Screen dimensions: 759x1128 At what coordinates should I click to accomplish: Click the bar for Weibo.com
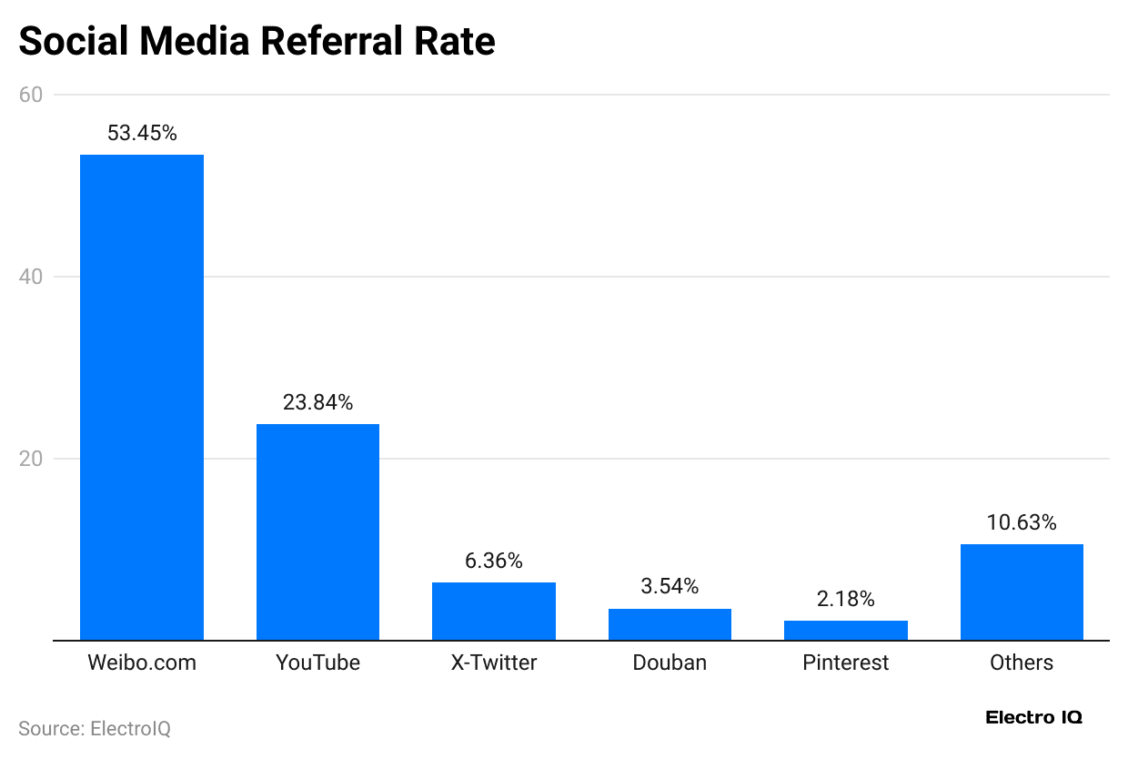[142, 398]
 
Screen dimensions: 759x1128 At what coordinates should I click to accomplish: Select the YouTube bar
[317, 532]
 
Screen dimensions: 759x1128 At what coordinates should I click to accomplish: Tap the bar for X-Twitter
[494, 612]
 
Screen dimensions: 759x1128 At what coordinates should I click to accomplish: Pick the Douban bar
[670, 624]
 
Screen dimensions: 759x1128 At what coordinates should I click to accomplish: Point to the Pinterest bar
[846, 631]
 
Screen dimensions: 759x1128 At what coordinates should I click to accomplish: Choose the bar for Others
[1022, 592]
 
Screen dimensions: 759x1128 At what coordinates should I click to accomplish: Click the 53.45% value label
[142, 134]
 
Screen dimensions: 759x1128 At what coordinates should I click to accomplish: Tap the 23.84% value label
[317, 402]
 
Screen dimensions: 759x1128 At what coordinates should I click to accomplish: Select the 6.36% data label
[494, 562]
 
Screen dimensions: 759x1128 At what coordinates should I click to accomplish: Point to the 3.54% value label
[670, 587]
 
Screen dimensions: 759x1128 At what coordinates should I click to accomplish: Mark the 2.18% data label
[846, 600]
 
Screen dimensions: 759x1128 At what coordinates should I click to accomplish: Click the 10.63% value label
[1022, 523]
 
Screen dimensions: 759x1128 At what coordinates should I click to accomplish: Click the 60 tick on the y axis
[31, 95]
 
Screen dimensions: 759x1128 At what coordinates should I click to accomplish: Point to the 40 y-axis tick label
[31, 277]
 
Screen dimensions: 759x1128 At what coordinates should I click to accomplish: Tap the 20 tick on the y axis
[31, 459]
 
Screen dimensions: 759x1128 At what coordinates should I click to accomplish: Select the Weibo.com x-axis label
[142, 663]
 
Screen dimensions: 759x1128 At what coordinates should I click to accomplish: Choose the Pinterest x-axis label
[846, 663]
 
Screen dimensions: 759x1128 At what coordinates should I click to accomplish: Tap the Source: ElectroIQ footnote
[95, 729]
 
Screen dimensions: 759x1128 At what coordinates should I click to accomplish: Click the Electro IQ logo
[1034, 718]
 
